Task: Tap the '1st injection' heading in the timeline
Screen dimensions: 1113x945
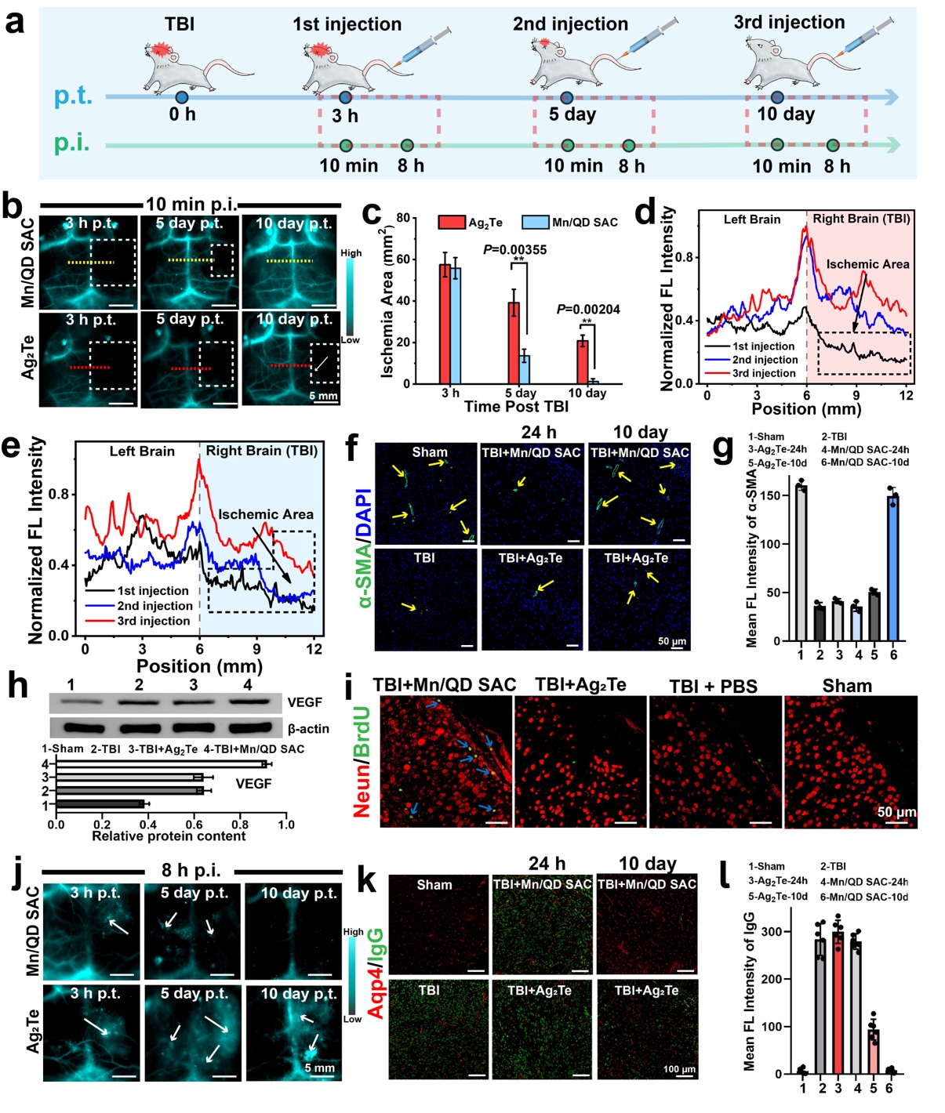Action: tap(347, 24)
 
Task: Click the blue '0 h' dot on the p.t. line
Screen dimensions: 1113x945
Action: tap(182, 97)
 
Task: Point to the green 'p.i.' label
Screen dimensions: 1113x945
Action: tap(72, 143)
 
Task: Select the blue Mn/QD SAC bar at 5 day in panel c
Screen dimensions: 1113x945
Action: tap(524, 369)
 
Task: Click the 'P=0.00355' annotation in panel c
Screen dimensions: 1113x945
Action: tap(514, 250)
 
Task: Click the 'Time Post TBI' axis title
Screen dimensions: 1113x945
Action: tap(516, 406)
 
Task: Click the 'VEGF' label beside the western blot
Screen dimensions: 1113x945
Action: tap(304, 702)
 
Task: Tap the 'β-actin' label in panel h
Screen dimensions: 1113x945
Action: tap(308, 729)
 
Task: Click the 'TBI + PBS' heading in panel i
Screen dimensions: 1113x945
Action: tap(713, 687)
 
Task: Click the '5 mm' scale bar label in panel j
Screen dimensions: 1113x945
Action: tap(319, 1068)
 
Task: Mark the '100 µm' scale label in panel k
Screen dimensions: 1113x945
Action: tap(679, 1069)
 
